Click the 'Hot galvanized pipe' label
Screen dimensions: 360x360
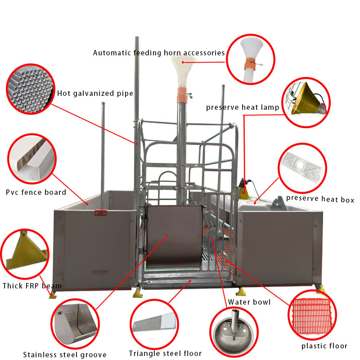point(95,94)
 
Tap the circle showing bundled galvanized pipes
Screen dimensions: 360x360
point(31,89)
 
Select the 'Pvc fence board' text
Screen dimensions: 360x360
point(36,192)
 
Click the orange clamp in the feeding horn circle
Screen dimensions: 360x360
point(250,63)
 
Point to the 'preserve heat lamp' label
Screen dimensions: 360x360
point(243,108)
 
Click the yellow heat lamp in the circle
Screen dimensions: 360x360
point(306,99)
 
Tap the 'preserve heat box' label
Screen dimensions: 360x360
point(320,199)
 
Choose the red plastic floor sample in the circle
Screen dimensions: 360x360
point(312,315)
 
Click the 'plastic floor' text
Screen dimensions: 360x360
point(324,346)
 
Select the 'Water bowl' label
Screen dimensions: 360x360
point(249,302)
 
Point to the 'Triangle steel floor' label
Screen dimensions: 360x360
point(165,353)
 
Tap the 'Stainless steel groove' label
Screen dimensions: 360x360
point(65,355)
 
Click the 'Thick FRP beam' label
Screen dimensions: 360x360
point(32,286)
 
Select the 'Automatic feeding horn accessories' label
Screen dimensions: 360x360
point(159,53)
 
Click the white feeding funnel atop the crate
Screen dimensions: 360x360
point(184,72)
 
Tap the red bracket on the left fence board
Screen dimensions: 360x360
point(100,212)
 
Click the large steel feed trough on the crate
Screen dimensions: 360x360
point(175,237)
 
